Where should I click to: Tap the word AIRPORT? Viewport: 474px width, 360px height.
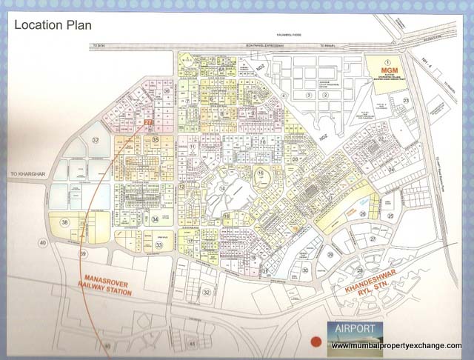355,328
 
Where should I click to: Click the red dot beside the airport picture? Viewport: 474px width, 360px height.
316,342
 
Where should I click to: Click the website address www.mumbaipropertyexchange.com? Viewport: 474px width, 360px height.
397,346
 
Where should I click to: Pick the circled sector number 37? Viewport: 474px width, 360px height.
96,140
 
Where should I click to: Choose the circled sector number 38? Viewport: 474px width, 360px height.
66,221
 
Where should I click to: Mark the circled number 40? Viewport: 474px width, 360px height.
43,244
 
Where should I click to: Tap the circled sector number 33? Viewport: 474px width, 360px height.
158,244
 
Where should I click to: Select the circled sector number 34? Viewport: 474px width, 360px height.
155,219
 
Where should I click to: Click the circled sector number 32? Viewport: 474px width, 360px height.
207,292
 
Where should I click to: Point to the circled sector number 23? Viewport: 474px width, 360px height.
406,100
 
